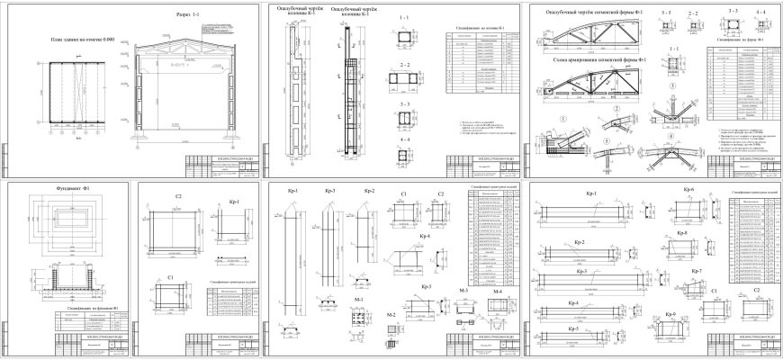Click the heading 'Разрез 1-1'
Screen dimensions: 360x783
188,15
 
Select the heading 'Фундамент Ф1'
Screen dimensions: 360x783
58,191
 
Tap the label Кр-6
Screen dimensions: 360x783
689,190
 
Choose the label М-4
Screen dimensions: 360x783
498,292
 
